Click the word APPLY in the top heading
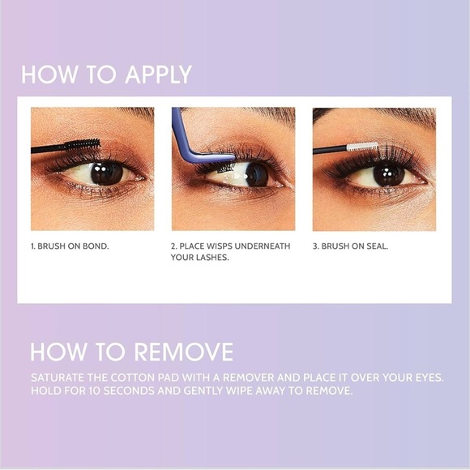point(158,75)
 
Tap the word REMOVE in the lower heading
point(184,352)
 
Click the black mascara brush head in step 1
point(83,144)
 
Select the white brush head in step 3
point(362,147)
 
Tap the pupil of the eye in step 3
point(387,174)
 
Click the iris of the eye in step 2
point(257,174)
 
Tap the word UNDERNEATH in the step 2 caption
point(263,246)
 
